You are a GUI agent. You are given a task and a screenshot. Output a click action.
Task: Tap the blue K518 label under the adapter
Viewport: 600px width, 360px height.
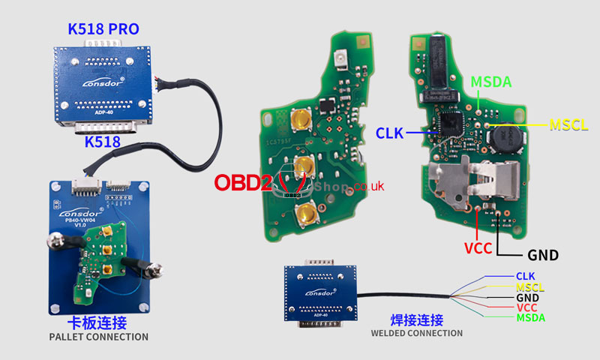click(103, 141)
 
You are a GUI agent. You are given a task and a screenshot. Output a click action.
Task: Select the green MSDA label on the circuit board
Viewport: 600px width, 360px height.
click(490, 82)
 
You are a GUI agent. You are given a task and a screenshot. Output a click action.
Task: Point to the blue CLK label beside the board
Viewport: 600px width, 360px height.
click(390, 133)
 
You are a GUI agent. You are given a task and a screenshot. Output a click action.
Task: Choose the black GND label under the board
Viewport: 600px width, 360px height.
click(543, 255)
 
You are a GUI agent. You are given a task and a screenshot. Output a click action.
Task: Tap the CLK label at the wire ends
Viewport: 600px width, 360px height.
click(525, 277)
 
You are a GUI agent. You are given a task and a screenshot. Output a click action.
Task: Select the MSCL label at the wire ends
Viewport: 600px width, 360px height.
click(530, 287)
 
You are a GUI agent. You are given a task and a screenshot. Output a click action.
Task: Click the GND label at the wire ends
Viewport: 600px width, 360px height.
click(527, 298)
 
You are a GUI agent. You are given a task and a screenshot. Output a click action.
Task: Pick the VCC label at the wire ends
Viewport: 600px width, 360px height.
click(526, 308)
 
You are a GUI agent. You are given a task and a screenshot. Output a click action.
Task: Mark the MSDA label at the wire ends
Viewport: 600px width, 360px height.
click(530, 318)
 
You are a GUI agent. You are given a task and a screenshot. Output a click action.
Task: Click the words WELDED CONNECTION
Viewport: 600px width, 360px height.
click(416, 333)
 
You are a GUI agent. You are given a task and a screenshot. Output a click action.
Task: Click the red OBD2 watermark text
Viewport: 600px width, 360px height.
click(244, 183)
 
